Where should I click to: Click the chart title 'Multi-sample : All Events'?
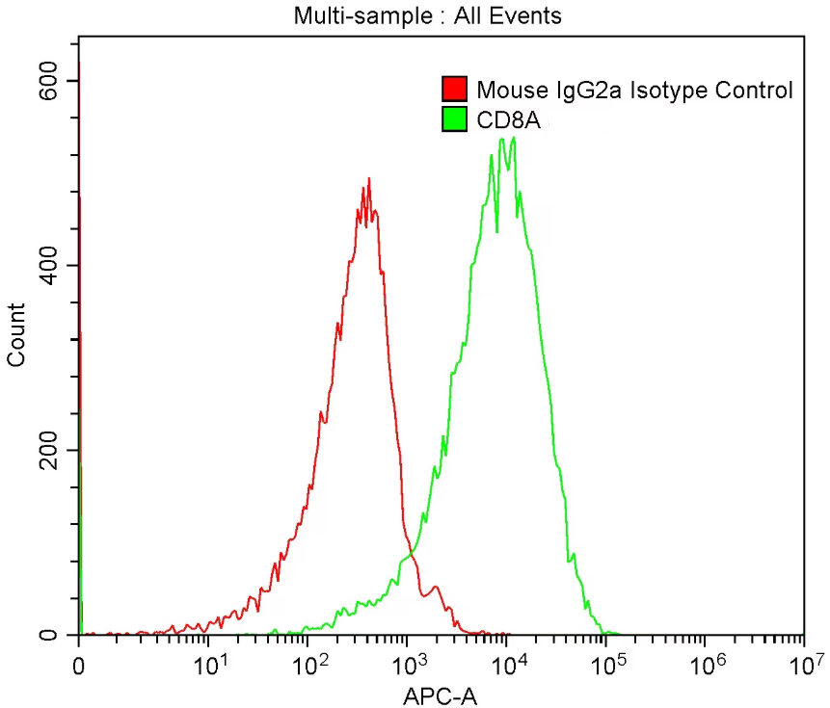pyautogui.click(x=427, y=15)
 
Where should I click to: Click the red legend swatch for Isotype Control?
pyautogui.click(x=453, y=91)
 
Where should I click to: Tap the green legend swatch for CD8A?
pyautogui.click(x=453, y=118)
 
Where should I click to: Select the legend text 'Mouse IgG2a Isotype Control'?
pyautogui.click(x=634, y=91)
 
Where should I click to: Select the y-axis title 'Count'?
pyautogui.click(x=16, y=334)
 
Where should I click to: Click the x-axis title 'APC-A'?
pyautogui.click(x=440, y=694)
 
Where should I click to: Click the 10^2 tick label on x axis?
pyautogui.click(x=309, y=664)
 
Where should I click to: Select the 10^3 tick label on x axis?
pyautogui.click(x=409, y=664)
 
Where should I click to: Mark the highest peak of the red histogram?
pyautogui.click(x=368, y=178)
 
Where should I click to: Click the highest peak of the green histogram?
pyautogui.click(x=514, y=137)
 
